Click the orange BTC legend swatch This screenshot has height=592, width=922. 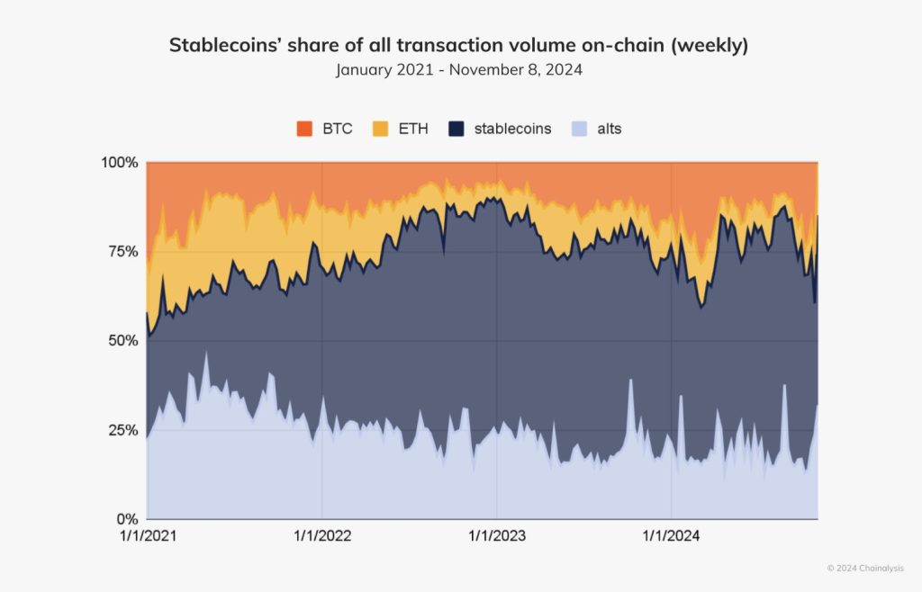(304, 129)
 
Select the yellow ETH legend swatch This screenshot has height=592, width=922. (379, 129)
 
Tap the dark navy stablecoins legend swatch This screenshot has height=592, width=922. (456, 129)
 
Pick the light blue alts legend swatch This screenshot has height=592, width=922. (579, 129)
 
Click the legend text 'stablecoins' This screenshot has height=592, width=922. (512, 129)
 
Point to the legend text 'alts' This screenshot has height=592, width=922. (610, 129)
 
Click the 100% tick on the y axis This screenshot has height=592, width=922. (119, 163)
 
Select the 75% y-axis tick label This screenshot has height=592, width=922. (122, 252)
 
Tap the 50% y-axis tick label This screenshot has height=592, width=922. (122, 341)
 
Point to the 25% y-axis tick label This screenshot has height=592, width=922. (122, 430)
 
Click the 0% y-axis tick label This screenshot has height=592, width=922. (127, 519)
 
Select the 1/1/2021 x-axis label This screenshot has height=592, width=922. (147, 537)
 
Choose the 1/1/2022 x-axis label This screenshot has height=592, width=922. (321, 537)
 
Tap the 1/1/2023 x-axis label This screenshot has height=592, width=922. (496, 537)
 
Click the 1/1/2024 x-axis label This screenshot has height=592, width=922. (672, 537)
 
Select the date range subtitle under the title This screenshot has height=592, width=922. (459, 70)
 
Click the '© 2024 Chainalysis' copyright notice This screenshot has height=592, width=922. (865, 568)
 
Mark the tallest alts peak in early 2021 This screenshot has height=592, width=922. (206, 353)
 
